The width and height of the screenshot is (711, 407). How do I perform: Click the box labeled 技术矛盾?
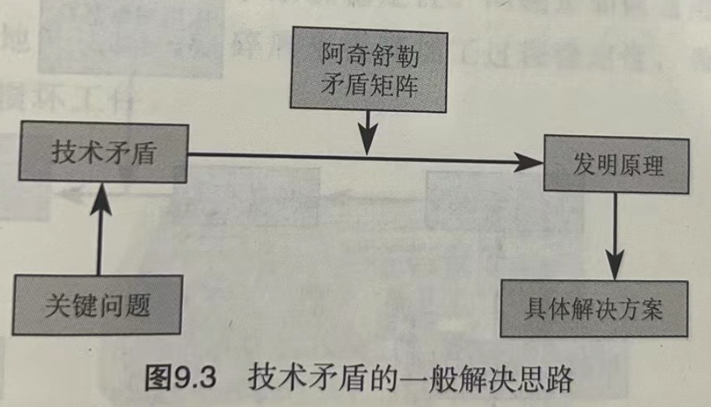point(103,153)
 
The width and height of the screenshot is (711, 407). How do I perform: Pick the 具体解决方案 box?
point(595,309)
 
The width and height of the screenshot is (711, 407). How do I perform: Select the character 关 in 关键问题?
point(57,306)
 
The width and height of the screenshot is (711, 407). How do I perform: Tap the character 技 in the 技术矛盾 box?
point(63,153)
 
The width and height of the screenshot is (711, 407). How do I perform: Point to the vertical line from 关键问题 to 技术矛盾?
point(98,235)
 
